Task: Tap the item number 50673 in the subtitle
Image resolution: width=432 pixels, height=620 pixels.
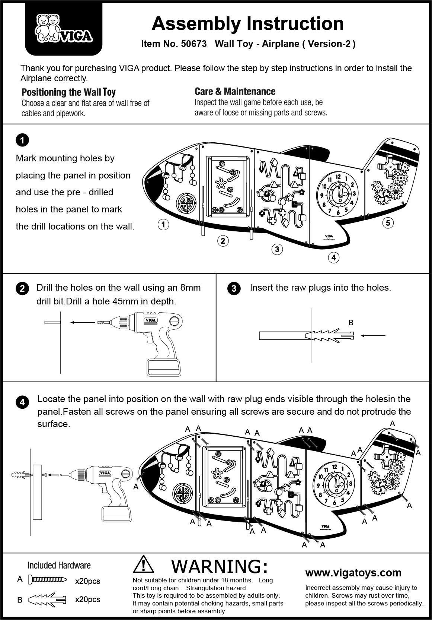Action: (193, 44)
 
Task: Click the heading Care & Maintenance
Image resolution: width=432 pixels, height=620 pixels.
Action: (235, 92)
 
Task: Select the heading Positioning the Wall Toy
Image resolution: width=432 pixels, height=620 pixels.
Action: (68, 92)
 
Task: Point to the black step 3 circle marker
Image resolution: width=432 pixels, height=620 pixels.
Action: (234, 289)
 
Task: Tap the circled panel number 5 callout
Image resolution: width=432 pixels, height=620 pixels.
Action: (388, 223)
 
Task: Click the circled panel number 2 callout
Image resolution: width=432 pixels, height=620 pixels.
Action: (223, 241)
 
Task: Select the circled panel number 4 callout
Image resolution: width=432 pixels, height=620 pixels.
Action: (333, 257)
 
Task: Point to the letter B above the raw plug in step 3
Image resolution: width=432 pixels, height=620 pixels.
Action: (351, 323)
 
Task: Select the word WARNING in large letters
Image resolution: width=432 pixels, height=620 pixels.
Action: (220, 566)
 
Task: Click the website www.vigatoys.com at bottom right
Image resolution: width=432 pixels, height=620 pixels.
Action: (353, 573)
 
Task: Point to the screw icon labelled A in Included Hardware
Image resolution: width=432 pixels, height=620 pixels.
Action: (48, 580)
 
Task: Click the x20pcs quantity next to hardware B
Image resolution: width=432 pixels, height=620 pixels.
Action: (87, 600)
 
